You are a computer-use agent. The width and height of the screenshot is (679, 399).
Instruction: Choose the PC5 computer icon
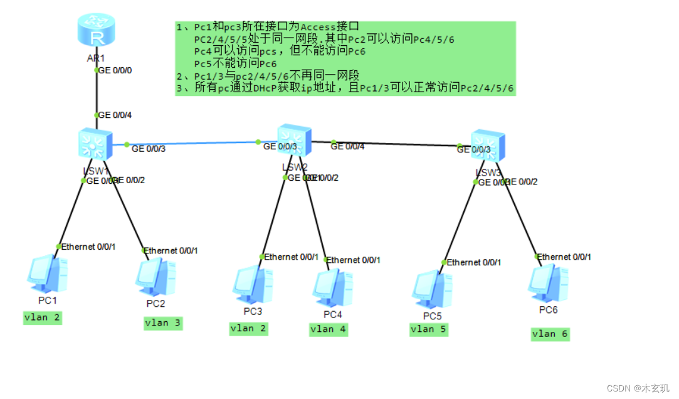[431, 290]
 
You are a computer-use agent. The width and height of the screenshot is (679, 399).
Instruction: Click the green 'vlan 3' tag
[163, 323]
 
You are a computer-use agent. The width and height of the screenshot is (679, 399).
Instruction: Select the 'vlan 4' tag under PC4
[328, 329]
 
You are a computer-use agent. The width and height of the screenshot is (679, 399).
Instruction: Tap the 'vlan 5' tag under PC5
[429, 329]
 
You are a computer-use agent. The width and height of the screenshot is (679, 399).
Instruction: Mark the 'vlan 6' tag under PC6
[550, 334]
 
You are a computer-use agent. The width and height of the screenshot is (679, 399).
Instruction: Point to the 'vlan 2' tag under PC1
[43, 317]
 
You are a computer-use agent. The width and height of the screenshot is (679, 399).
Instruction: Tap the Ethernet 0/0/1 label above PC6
[564, 257]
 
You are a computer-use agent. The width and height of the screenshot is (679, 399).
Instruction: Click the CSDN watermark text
[638, 388]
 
